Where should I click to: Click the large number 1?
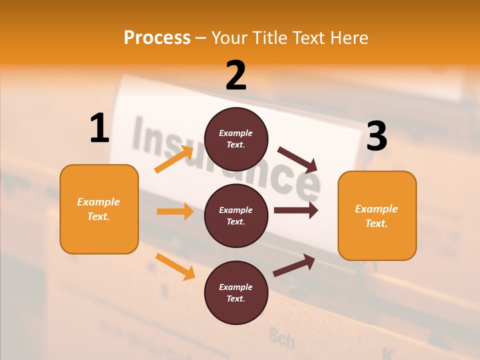(99, 128)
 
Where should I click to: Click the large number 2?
(236, 75)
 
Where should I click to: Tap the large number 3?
(376, 136)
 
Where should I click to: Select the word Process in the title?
(157, 37)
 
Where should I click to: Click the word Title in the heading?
(270, 37)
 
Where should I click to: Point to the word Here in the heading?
(349, 37)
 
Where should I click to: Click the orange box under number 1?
(99, 209)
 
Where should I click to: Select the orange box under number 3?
(377, 216)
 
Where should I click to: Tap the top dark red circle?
(236, 139)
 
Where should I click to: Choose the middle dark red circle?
(236, 216)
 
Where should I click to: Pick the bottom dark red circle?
(236, 293)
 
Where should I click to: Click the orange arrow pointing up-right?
(174, 159)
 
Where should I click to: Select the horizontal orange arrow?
(175, 211)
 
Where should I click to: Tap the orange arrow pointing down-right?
(175, 266)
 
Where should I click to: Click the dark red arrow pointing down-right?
(297, 159)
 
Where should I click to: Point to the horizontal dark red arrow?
(296, 210)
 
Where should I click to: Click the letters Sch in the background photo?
(281, 338)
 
